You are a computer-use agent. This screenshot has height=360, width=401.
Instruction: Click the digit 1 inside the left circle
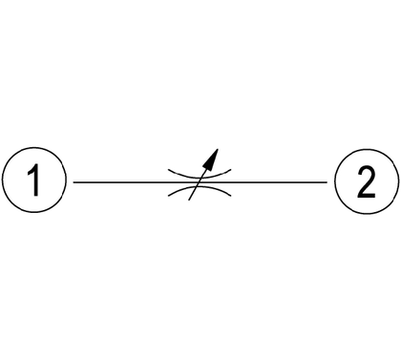34,180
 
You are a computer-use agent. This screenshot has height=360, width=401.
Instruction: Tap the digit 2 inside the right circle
367,181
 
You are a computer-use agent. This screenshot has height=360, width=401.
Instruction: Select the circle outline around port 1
34,148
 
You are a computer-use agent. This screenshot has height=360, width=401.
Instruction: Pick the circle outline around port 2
367,149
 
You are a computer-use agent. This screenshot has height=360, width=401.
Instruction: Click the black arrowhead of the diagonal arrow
211,159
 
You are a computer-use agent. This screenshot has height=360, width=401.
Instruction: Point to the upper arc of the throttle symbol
200,176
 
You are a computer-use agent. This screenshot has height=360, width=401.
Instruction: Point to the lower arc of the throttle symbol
200,188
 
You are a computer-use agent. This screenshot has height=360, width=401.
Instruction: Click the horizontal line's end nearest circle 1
74,182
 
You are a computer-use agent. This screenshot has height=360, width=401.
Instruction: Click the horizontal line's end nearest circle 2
327,182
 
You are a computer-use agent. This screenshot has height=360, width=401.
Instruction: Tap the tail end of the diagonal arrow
189,200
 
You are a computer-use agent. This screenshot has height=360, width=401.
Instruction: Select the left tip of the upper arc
168,170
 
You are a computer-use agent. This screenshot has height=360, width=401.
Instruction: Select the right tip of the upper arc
231,170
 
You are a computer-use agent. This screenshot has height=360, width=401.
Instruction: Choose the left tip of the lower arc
168,196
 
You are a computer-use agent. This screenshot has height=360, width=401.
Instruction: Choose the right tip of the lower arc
231,196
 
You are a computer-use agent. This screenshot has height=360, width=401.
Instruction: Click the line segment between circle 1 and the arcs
121,182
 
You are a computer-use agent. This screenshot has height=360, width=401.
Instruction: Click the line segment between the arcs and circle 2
279,182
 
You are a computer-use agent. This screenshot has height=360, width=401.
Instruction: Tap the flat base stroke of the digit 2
367,196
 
